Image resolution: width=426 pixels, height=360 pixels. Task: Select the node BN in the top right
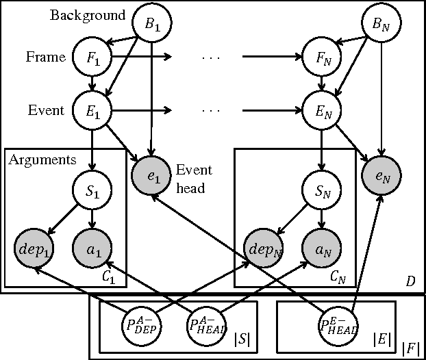point(381,26)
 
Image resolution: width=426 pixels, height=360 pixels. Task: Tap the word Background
point(88,15)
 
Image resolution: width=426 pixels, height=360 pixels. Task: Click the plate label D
point(410,282)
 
